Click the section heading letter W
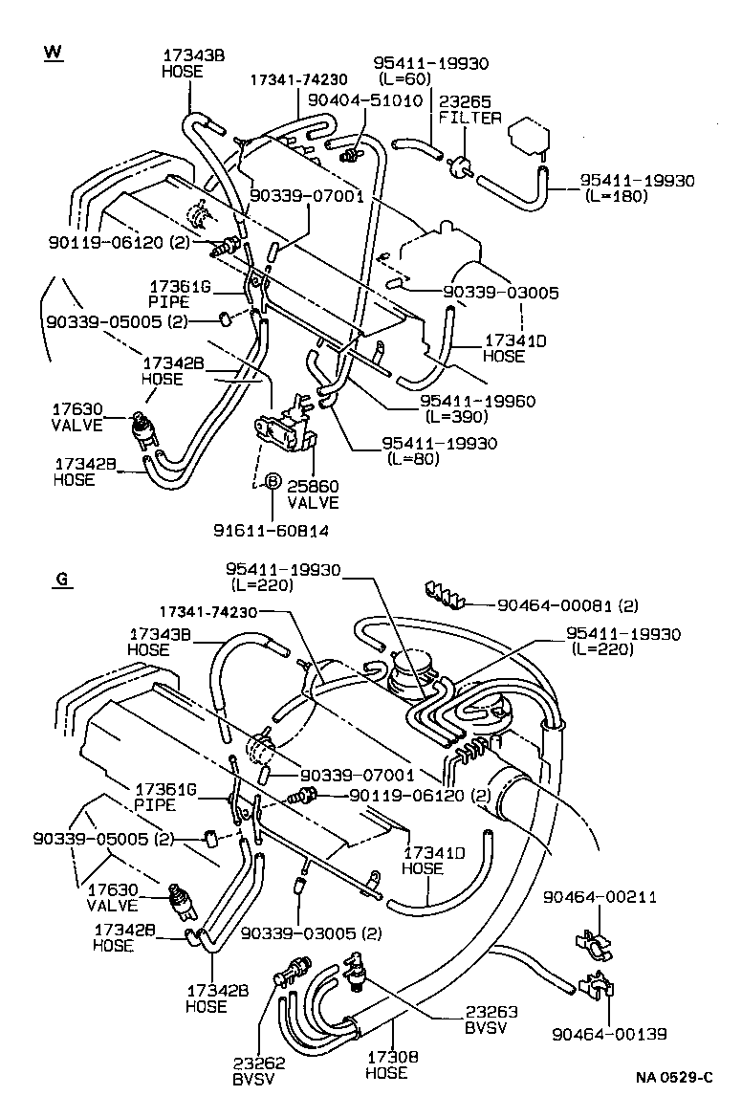pyautogui.click(x=53, y=52)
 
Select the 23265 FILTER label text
pyautogui.click(x=469, y=109)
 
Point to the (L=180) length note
pyautogui.click(x=617, y=196)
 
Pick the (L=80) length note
pyautogui.click(x=413, y=459)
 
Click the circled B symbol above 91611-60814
pyautogui.click(x=272, y=481)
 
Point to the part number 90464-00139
pyautogui.click(x=609, y=1034)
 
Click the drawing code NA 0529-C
pyautogui.click(x=681, y=1078)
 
